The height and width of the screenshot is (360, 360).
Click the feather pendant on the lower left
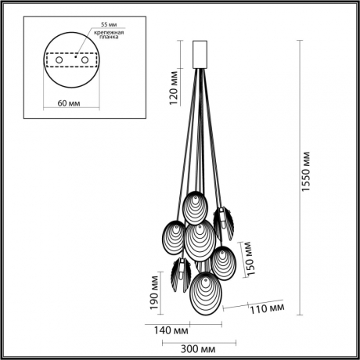click(x=178, y=273)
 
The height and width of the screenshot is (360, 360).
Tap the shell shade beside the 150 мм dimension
click(x=223, y=261)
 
